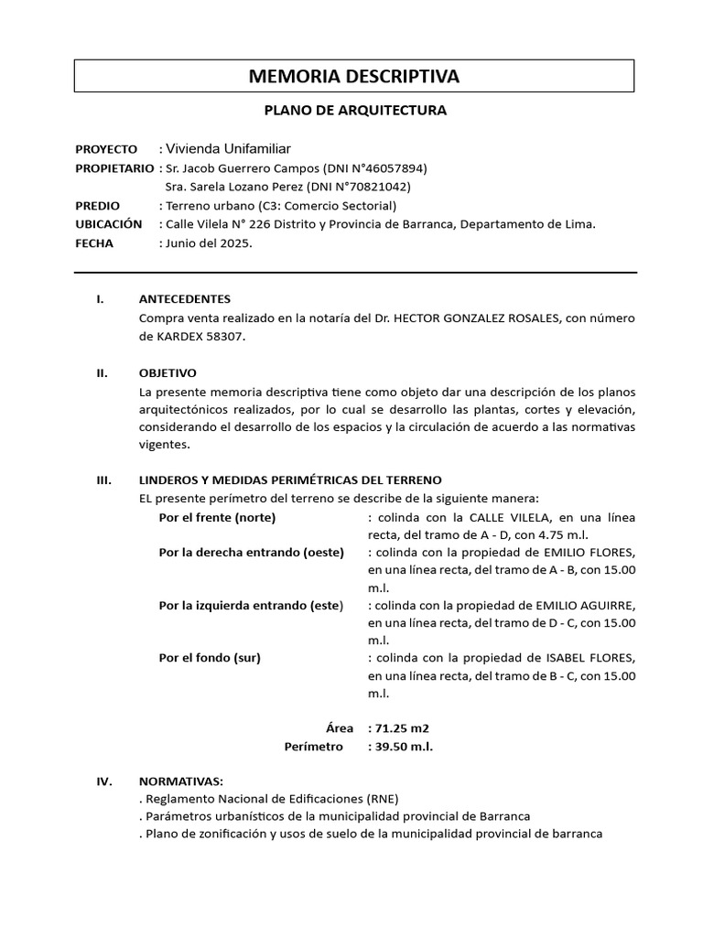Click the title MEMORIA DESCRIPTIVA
click(x=354, y=76)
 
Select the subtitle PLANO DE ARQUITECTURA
click(x=355, y=111)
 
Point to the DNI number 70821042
click(x=373, y=187)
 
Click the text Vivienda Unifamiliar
click(x=229, y=149)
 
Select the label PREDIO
click(x=96, y=206)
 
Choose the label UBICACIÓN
click(x=109, y=224)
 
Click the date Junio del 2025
click(x=208, y=244)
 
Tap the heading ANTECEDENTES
click(x=185, y=299)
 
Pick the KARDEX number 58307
click(x=227, y=336)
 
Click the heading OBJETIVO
click(x=168, y=372)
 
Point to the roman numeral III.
click(x=104, y=479)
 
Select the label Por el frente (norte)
click(x=217, y=517)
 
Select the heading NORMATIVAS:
click(x=180, y=781)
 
